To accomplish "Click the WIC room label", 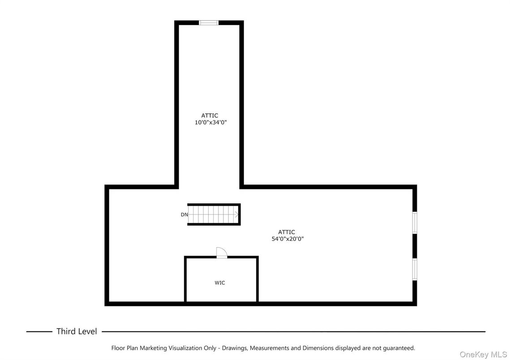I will tap(220, 283).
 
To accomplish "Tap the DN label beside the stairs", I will tap(184, 214).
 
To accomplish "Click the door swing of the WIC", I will tap(221, 253).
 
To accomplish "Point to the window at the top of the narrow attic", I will tap(209, 22).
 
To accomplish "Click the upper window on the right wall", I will tap(415, 223).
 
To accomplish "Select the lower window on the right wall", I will tap(415, 269).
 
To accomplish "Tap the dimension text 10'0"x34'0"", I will tap(210, 122).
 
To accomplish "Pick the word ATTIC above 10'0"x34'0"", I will tap(210, 116).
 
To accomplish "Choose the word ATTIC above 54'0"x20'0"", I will tap(287, 232).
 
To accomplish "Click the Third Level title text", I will tap(77, 331).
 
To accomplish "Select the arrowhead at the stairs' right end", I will tap(236, 214).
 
